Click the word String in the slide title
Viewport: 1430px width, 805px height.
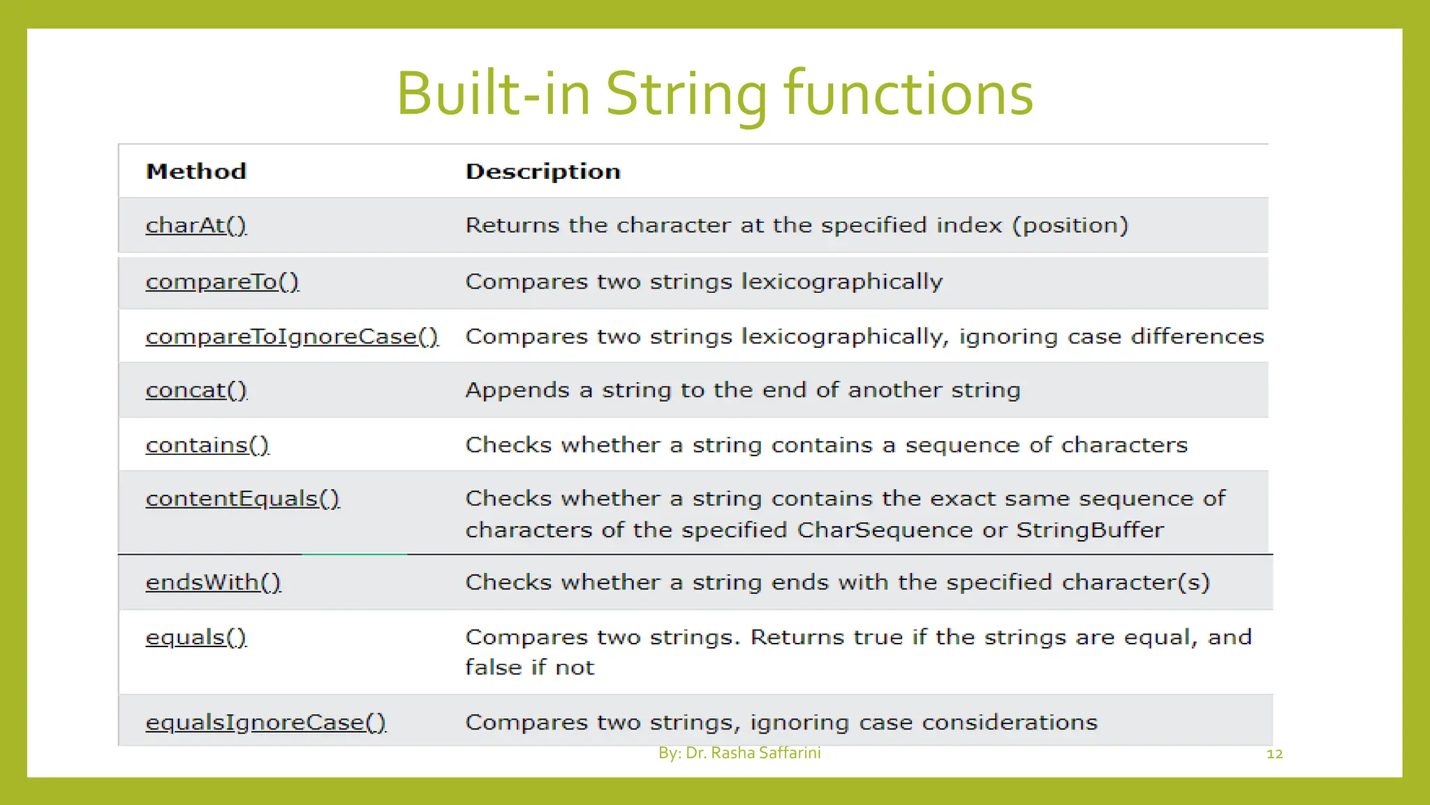pyautogui.click(x=686, y=94)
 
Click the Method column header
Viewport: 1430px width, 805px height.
pyautogui.click(x=196, y=171)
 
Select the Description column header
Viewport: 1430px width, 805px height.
pyautogui.click(x=543, y=171)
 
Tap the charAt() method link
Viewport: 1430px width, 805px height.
pyautogui.click(x=196, y=225)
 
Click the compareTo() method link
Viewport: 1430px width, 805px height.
pyautogui.click(x=222, y=282)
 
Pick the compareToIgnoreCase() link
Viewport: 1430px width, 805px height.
pyautogui.click(x=292, y=336)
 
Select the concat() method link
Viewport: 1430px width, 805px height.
pyautogui.click(x=196, y=390)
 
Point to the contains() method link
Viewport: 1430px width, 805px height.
pyautogui.click(x=207, y=445)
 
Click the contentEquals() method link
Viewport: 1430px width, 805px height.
pyautogui.click(x=242, y=498)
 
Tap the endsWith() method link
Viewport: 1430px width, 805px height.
pyautogui.click(x=213, y=582)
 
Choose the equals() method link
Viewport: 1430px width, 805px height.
pyautogui.click(x=196, y=637)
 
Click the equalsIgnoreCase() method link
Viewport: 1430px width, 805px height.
pyautogui.click(x=265, y=722)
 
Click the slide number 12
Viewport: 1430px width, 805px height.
pyautogui.click(x=1274, y=754)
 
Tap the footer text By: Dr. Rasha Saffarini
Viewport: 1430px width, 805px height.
pyautogui.click(x=739, y=753)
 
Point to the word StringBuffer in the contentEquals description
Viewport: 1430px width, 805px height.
pyautogui.click(x=1089, y=530)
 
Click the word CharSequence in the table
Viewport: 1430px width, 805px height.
pyautogui.click(x=885, y=530)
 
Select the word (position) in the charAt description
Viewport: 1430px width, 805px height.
pyautogui.click(x=1070, y=225)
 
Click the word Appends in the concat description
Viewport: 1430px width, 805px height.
pyautogui.click(x=517, y=390)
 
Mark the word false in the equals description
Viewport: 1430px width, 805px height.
pyautogui.click(x=494, y=667)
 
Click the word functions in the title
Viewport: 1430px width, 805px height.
pyautogui.click(x=908, y=94)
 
